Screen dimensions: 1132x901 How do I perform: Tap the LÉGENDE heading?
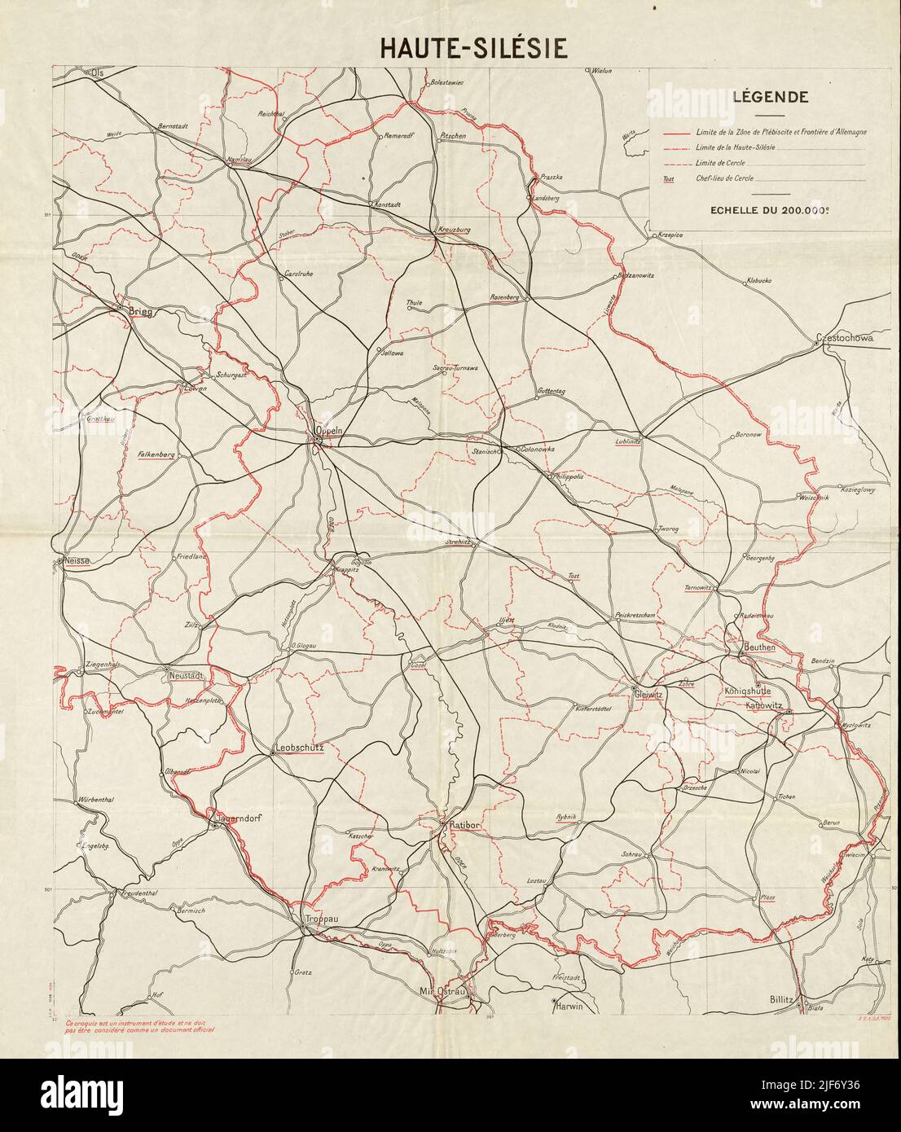click(770, 98)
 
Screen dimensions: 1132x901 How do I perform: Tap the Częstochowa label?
click(846, 338)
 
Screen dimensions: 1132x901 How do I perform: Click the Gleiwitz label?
click(649, 693)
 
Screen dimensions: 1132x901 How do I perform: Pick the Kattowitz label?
click(763, 706)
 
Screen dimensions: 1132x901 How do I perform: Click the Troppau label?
click(321, 919)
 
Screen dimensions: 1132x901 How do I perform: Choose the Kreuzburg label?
click(454, 230)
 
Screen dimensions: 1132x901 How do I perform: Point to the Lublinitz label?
click(629, 441)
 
